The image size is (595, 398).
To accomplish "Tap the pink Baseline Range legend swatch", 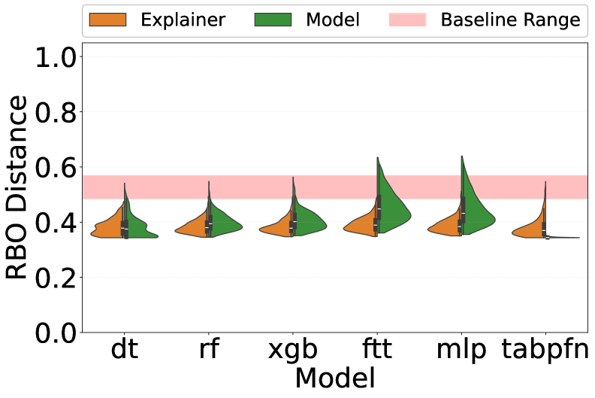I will tap(407, 20).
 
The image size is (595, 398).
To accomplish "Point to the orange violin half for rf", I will tap(193, 228).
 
